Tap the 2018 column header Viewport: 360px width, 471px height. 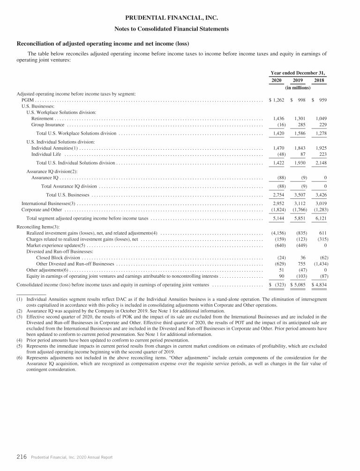[319, 80]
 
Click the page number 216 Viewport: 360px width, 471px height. [22, 457]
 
